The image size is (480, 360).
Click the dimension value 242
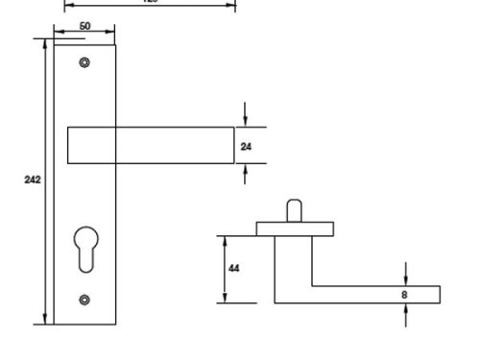coord(32,180)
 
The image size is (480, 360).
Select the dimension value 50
coord(84,26)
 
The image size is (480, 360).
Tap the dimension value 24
coord(246,146)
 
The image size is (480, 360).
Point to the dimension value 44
coord(233,268)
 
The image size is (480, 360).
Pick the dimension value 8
coord(404,295)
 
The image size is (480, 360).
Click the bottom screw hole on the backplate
coord(84,299)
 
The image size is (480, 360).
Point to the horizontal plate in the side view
coord(295,228)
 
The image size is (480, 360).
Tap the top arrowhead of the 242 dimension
coord(44,42)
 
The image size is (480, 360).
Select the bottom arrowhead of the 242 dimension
coord(44,321)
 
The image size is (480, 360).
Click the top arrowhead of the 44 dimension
coord(222,239)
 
